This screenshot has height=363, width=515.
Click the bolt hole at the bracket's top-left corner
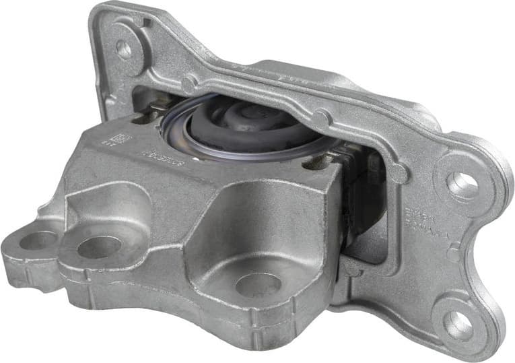click(124, 48)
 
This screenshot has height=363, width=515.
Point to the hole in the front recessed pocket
click(259, 285)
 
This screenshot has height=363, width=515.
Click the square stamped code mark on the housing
click(121, 138)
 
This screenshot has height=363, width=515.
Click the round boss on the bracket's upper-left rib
click(191, 83)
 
